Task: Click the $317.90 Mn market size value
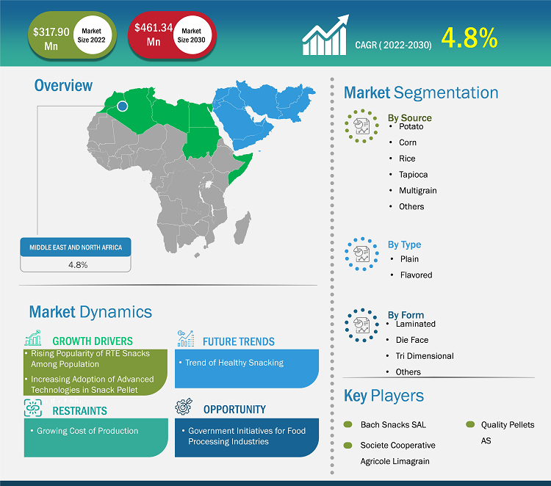pyautogui.click(x=51, y=39)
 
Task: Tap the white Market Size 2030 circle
pyautogui.click(x=192, y=35)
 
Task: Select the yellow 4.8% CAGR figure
pyautogui.click(x=469, y=38)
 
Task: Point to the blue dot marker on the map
pyautogui.click(x=122, y=106)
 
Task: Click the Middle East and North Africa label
pyautogui.click(x=76, y=247)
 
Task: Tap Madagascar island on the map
pyautogui.click(x=242, y=228)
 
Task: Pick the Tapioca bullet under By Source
pyautogui.click(x=413, y=175)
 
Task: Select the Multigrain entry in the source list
pyautogui.click(x=418, y=190)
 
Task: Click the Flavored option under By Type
pyautogui.click(x=416, y=275)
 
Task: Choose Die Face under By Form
pyautogui.click(x=412, y=340)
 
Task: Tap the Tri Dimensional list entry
pyautogui.click(x=425, y=356)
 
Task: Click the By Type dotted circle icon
pyautogui.click(x=361, y=254)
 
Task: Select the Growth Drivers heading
pyautogui.click(x=93, y=341)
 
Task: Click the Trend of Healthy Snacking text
pyautogui.click(x=234, y=363)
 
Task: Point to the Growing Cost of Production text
pyautogui.click(x=87, y=431)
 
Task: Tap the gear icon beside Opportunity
pyautogui.click(x=184, y=406)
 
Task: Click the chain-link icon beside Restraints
pyautogui.click(x=33, y=407)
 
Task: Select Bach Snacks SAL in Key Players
pyautogui.click(x=393, y=424)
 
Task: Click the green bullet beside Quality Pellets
pyautogui.click(x=470, y=424)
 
